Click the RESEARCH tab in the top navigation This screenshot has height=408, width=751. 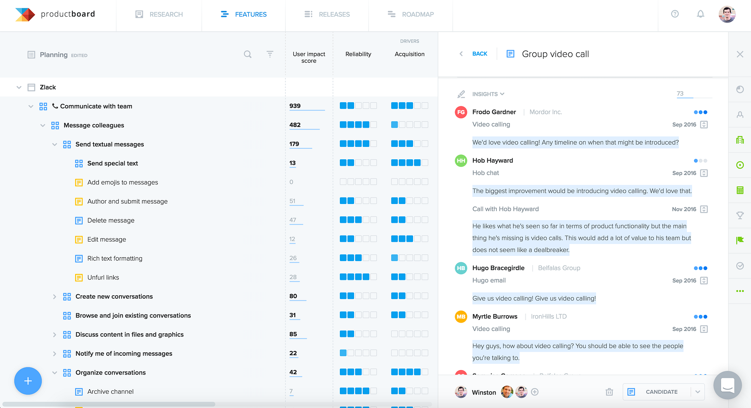[159, 14]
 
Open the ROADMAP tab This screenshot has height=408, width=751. [410, 14]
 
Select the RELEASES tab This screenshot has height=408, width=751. [327, 14]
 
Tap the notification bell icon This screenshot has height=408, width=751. [700, 14]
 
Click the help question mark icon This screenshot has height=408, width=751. [675, 14]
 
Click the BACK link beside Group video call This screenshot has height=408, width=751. [480, 54]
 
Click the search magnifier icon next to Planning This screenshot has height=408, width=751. [247, 54]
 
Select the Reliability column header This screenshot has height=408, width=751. [358, 54]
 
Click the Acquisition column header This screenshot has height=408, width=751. [409, 54]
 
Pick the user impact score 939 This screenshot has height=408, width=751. [295, 106]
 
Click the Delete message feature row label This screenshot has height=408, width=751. [111, 221]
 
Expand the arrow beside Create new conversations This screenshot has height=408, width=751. [54, 297]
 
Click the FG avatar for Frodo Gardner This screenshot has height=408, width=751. [461, 112]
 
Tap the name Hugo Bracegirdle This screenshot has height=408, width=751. [498, 268]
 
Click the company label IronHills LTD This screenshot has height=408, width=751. [549, 316]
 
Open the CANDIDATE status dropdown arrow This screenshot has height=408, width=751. [698, 392]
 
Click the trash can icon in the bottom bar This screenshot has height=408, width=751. [609, 392]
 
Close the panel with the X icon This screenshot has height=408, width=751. [740, 54]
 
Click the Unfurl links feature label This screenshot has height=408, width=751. [103, 278]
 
